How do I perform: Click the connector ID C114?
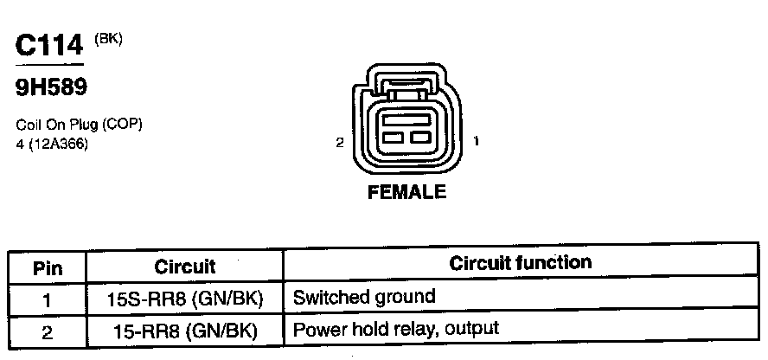click(49, 46)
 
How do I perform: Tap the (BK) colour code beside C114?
click(108, 38)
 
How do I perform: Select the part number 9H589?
click(51, 87)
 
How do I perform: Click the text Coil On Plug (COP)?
click(79, 125)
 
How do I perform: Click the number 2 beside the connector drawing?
click(340, 142)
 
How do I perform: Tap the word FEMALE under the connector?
click(407, 193)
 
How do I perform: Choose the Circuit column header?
click(185, 266)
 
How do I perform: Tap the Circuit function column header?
click(521, 263)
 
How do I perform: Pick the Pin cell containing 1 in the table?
click(48, 299)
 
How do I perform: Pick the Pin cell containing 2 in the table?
click(48, 331)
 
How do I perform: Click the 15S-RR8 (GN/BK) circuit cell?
click(185, 299)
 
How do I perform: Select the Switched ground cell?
click(364, 298)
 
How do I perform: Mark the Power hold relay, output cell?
click(396, 330)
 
